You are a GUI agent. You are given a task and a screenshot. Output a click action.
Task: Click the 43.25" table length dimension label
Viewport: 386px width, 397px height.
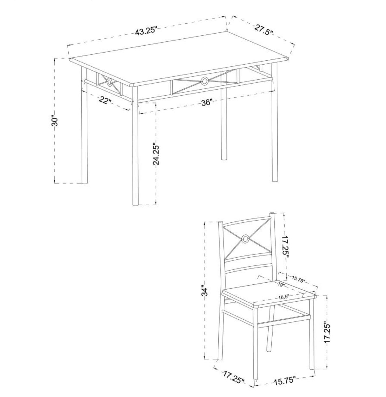(146, 31)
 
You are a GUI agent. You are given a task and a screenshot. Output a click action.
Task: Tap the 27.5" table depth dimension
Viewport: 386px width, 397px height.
(263, 30)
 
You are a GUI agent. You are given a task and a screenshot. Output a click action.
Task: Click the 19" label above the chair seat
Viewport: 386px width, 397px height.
(281, 284)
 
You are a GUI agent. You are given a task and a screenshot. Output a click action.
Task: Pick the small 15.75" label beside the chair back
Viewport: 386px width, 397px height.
(298, 279)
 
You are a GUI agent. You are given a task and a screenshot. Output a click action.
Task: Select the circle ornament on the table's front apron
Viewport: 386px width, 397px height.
(204, 81)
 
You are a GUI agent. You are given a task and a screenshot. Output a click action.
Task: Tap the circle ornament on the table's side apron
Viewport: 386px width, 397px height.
(109, 82)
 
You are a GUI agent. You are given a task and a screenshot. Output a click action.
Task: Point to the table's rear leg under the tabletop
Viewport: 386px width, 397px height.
(224, 116)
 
